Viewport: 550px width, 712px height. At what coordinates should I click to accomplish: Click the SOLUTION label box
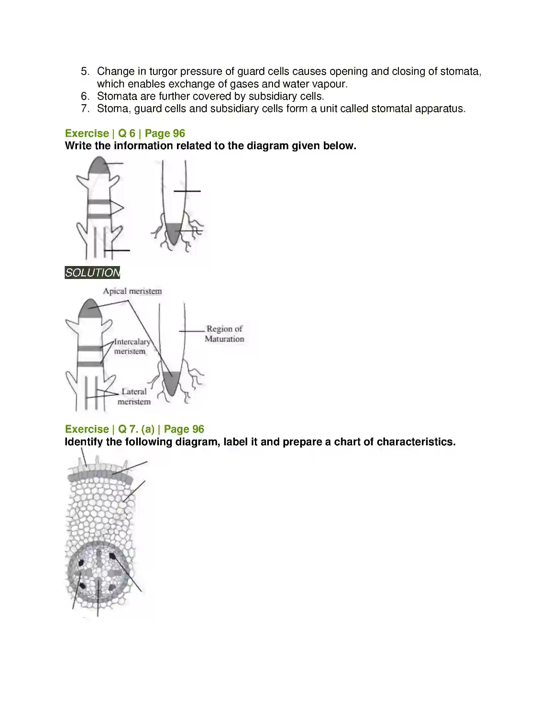pos(92,273)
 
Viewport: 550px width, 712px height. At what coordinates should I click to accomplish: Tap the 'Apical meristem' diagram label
pos(132,291)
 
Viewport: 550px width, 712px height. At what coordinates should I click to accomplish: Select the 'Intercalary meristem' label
pos(131,346)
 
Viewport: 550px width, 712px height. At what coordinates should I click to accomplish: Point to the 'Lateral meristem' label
pos(134,396)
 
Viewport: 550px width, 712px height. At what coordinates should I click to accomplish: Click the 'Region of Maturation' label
pos(224,334)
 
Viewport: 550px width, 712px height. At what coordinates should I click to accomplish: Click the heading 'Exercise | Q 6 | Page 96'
pos(125,133)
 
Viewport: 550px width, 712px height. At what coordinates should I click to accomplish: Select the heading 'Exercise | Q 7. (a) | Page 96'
pos(134,429)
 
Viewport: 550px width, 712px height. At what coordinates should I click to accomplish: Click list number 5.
pos(85,72)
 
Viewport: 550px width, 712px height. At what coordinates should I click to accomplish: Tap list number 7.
pos(85,108)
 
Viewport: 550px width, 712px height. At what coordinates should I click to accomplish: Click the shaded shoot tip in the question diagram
pos(99,166)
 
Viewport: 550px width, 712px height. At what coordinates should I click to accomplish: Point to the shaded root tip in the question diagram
pos(174,232)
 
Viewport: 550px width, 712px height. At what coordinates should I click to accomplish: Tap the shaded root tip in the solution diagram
pos(172,382)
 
